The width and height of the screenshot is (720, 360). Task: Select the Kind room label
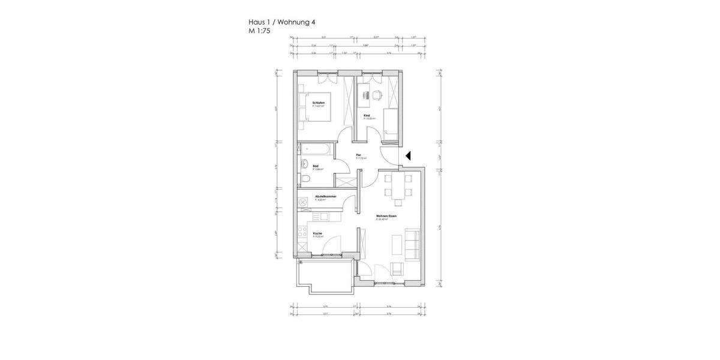[x=367, y=115]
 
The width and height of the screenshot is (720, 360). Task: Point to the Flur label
[x=359, y=155]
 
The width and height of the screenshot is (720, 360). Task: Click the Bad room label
[x=315, y=166]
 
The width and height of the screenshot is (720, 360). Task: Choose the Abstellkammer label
[x=325, y=197]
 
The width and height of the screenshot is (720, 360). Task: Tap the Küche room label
[x=317, y=233]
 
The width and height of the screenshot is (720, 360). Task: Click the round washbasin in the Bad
[x=305, y=164]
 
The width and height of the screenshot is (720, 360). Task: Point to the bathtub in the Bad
[x=315, y=148]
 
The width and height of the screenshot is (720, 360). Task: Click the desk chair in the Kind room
[x=377, y=94]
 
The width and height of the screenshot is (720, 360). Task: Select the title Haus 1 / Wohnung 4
[x=281, y=22]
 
